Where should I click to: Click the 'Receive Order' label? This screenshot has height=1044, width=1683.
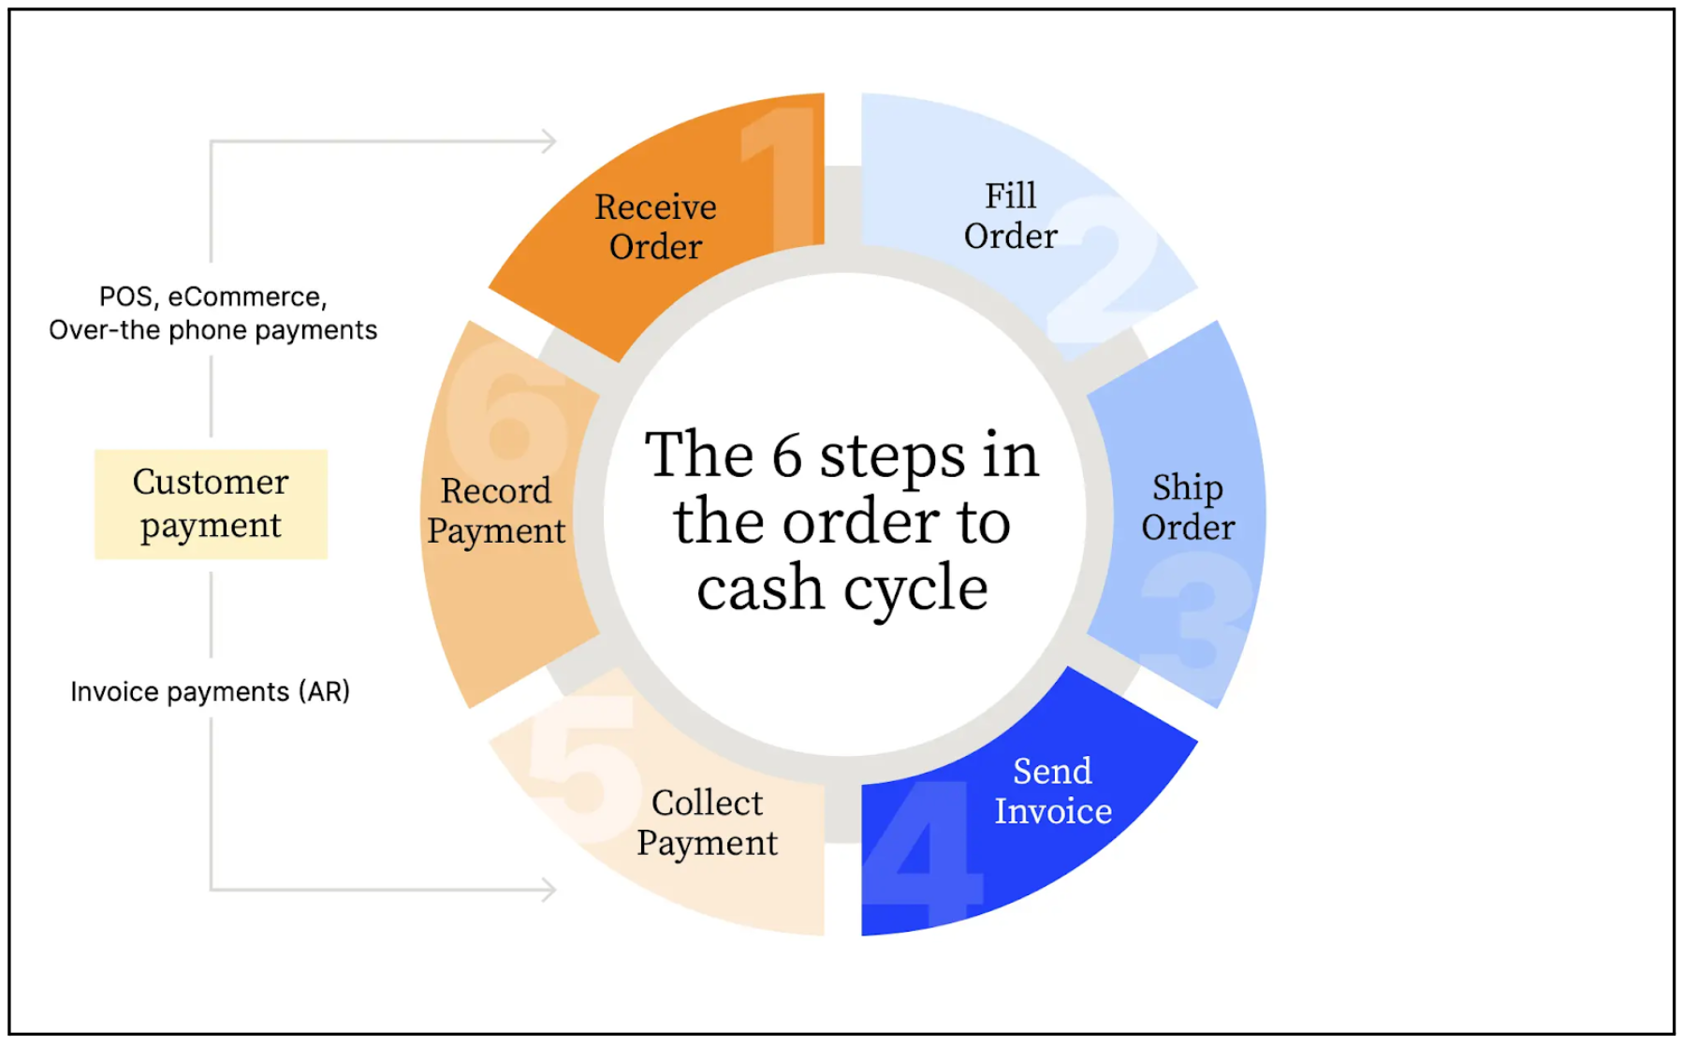[655, 226]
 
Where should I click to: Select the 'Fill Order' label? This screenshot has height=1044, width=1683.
[1010, 216]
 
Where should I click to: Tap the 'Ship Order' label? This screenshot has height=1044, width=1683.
[1188, 507]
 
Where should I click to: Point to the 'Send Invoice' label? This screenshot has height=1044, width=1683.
[1053, 791]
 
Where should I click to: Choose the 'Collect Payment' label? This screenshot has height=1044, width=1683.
[707, 823]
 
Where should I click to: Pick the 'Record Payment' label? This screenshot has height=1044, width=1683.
[496, 511]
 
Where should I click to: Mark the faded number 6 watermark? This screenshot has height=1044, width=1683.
[508, 412]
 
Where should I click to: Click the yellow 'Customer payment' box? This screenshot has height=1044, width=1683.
[211, 504]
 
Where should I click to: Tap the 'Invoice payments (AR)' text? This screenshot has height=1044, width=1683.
[211, 691]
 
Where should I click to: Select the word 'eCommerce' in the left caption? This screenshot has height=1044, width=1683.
[247, 297]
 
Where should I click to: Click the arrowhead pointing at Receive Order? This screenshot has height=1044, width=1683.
[550, 141]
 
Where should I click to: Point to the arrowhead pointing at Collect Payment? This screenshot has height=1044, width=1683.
[550, 890]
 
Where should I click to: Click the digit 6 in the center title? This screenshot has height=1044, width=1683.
[787, 456]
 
